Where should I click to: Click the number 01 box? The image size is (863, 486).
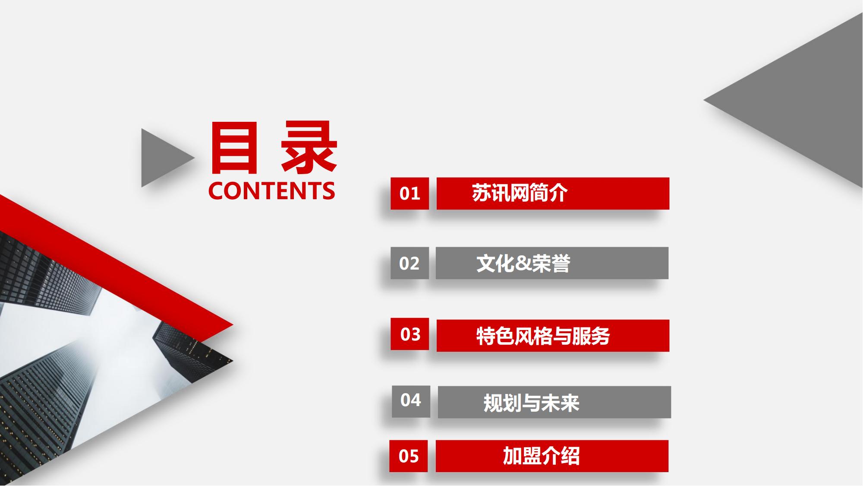click(x=409, y=194)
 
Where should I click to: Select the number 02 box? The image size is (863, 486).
click(x=409, y=263)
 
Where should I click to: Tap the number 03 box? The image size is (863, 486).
click(x=409, y=334)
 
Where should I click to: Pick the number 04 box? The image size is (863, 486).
click(x=411, y=401)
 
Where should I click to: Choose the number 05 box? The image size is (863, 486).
click(x=408, y=456)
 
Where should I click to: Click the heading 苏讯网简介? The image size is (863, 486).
click(x=520, y=194)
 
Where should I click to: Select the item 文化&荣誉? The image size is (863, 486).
click(x=523, y=263)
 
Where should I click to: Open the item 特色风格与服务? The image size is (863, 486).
click(x=543, y=336)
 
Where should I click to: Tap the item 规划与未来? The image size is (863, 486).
click(x=531, y=403)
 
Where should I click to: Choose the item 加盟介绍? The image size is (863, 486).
click(x=541, y=456)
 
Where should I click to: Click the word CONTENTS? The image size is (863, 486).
click(x=271, y=191)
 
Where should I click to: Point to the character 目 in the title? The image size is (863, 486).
click(x=231, y=148)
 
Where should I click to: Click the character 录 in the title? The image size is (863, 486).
click(x=309, y=148)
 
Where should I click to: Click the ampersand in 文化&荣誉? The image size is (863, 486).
click(x=523, y=264)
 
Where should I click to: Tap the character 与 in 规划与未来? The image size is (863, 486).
click(x=532, y=403)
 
